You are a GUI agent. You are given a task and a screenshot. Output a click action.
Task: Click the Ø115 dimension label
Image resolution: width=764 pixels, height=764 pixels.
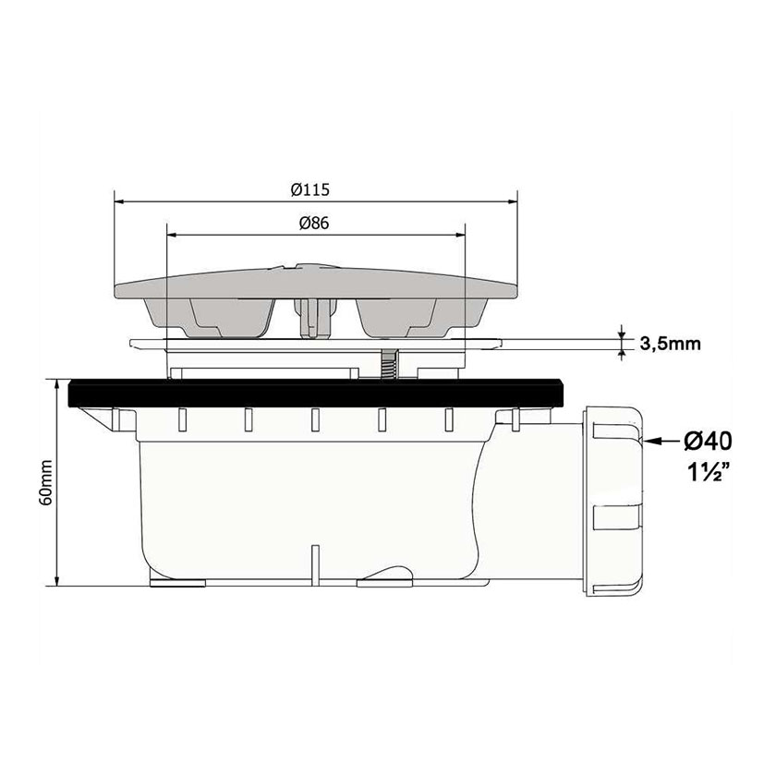click(x=310, y=189)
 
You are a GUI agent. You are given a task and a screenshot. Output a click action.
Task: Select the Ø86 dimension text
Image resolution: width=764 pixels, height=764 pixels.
click(x=314, y=224)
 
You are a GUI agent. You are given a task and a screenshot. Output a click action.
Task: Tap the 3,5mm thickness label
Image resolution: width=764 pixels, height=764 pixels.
click(x=670, y=344)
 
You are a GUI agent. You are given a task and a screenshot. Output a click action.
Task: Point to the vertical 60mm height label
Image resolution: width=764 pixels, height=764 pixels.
click(x=46, y=482)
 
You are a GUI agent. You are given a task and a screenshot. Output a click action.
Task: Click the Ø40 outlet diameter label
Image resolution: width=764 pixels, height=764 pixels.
click(x=708, y=441)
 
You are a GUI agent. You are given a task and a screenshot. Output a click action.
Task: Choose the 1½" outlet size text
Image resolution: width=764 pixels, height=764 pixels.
click(x=709, y=472)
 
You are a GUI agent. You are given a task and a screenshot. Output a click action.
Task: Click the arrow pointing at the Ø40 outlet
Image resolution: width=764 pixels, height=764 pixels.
click(x=661, y=442)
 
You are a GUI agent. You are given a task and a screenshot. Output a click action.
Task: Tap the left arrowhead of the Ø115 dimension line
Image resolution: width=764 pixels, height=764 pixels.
click(x=119, y=201)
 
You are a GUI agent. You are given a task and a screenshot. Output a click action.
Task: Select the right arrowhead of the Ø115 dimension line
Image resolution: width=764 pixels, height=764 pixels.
click(x=512, y=201)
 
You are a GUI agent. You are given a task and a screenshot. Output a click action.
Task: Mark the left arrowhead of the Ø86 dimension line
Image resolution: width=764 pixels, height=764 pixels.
click(x=173, y=235)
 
